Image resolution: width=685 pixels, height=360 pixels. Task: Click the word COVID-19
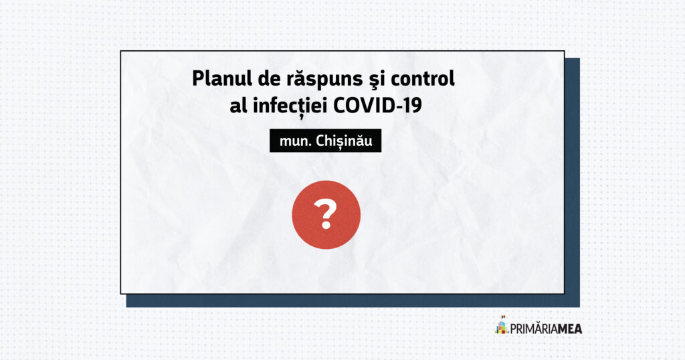(377, 105)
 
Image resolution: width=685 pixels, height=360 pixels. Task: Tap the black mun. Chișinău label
(326, 141)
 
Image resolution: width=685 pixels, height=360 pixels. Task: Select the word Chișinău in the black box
(344, 141)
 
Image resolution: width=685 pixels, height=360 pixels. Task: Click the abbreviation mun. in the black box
(295, 142)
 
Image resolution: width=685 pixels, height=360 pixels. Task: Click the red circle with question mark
(326, 215)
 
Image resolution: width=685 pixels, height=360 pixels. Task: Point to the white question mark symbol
(326, 214)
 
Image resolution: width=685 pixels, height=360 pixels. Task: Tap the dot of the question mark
(326, 226)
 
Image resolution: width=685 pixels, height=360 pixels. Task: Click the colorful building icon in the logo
(502, 325)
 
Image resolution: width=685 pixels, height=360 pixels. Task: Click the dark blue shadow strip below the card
(353, 300)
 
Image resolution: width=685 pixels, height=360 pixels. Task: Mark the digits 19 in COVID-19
(412, 105)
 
